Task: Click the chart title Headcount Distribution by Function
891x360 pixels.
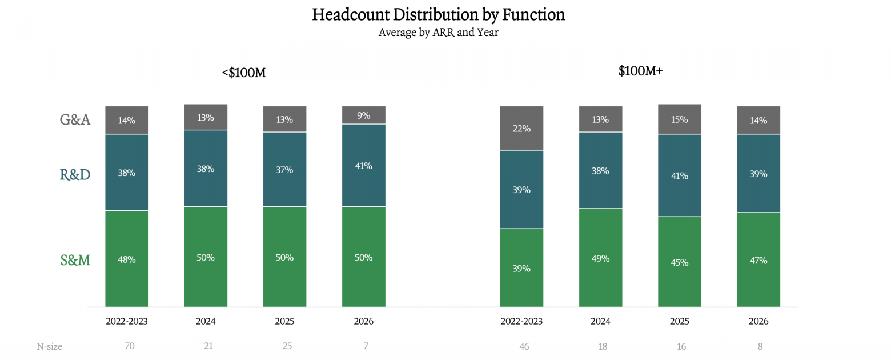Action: click(438, 15)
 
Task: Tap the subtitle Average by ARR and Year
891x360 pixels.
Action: click(438, 32)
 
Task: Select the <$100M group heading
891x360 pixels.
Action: click(244, 73)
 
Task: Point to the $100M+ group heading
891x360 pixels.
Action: click(640, 71)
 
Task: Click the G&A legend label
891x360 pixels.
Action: click(75, 119)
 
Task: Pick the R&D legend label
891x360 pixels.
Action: click(75, 174)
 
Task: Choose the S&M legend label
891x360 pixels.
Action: click(75, 260)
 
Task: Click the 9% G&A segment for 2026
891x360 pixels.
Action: click(364, 115)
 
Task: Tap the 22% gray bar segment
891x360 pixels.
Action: click(521, 128)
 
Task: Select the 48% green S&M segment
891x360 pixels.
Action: click(127, 258)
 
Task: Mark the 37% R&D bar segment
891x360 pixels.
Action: click(285, 169)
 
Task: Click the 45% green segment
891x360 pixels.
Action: click(680, 262)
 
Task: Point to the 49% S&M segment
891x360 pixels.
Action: click(601, 258)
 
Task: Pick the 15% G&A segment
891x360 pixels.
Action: click(680, 119)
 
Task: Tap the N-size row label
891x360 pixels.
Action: click(49, 346)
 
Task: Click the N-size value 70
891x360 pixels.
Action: click(130, 346)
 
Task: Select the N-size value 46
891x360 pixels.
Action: click(524, 346)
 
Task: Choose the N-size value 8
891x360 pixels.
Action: click(760, 346)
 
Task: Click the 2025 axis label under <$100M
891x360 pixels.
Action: click(285, 321)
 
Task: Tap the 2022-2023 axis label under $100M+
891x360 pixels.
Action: click(521, 321)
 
